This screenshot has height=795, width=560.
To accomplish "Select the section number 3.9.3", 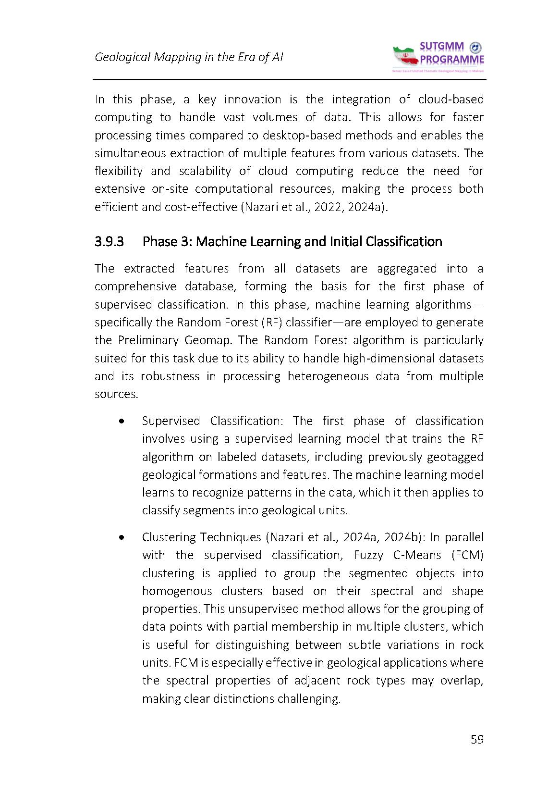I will tap(109, 241).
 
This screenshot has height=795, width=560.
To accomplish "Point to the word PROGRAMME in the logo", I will tap(452, 60).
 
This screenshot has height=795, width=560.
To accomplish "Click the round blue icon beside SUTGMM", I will tap(475, 47).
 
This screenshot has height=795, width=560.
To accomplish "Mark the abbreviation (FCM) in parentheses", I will tap(467, 555).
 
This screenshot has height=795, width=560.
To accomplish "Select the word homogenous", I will tap(177, 591).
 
